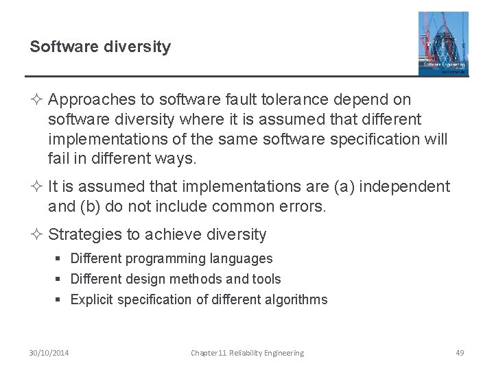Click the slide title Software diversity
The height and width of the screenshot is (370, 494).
[x=100, y=47]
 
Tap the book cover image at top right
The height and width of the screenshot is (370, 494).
[x=443, y=43]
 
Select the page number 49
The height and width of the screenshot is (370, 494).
[x=460, y=353]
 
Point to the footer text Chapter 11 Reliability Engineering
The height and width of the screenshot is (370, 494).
[x=247, y=353]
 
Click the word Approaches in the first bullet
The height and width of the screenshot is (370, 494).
[x=89, y=100]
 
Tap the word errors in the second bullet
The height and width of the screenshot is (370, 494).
[x=302, y=206]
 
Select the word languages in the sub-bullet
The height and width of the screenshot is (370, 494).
[x=239, y=259]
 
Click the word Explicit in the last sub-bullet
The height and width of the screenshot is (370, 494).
[x=92, y=299]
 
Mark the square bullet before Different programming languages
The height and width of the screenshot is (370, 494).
[x=61, y=259]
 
